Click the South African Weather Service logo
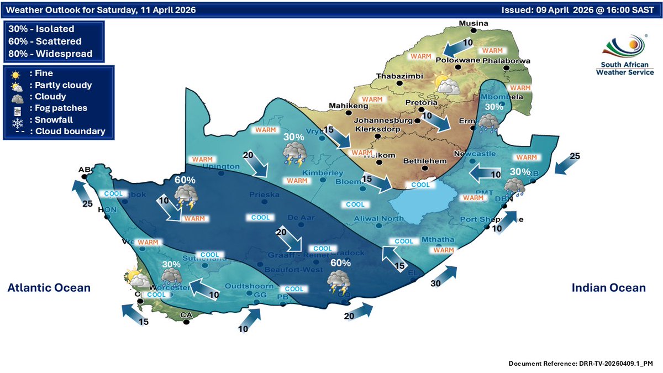tap(623, 55)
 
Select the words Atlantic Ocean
tap(49, 287)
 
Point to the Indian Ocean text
tap(608, 287)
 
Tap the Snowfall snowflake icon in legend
tap(15, 120)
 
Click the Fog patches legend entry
tap(55, 108)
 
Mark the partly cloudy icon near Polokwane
tap(448, 85)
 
